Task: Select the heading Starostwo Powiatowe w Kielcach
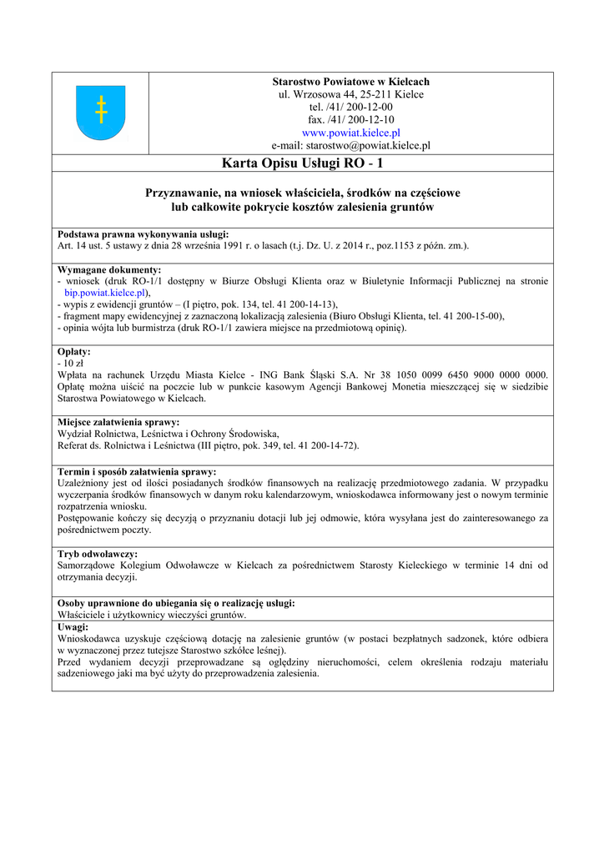(x=350, y=82)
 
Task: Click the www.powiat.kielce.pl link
(x=350, y=133)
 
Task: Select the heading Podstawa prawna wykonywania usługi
(x=143, y=234)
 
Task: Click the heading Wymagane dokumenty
(x=109, y=270)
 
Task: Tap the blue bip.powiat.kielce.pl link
(x=106, y=294)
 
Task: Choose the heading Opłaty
(x=74, y=352)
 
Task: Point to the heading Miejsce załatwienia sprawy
(x=118, y=422)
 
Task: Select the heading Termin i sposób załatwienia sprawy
(x=136, y=471)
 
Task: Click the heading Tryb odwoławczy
(x=98, y=554)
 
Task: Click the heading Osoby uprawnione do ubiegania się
(x=175, y=603)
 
